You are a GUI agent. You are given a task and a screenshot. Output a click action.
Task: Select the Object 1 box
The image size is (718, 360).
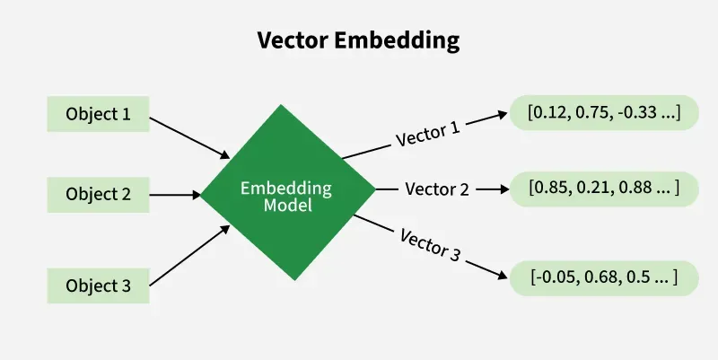click(98, 114)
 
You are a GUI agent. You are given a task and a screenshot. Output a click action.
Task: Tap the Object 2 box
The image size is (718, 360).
click(98, 194)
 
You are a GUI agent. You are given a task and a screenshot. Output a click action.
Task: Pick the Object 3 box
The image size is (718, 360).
click(98, 286)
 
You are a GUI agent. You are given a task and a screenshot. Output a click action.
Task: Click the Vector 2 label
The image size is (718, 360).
click(436, 189)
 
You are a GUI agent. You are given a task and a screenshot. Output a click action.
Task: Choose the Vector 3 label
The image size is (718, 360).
click(428, 243)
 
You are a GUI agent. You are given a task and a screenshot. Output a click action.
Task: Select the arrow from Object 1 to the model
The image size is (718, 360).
click(189, 134)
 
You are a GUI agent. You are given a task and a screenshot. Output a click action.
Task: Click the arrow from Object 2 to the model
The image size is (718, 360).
click(174, 193)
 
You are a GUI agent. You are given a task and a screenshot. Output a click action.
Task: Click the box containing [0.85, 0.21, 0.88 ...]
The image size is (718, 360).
click(604, 189)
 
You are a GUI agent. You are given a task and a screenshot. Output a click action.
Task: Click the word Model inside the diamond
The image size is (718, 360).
click(287, 206)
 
